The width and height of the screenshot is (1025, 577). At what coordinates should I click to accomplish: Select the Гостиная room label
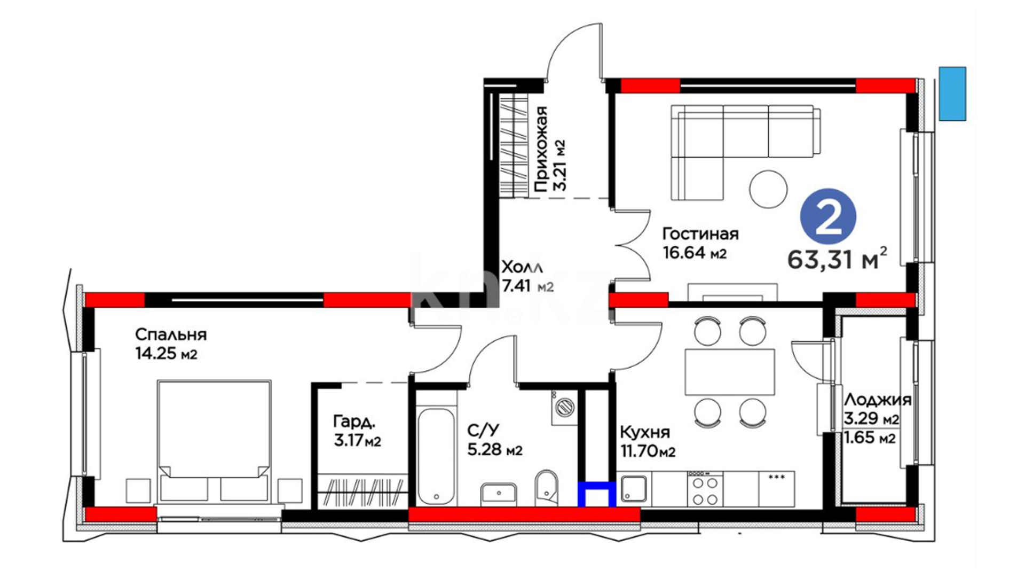(x=700, y=233)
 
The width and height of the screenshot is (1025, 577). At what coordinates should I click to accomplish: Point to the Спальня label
(x=171, y=334)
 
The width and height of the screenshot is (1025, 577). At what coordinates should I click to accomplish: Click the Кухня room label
(x=645, y=432)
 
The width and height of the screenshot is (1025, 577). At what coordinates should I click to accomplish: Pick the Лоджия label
(x=878, y=400)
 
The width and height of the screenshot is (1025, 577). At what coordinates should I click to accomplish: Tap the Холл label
(x=522, y=266)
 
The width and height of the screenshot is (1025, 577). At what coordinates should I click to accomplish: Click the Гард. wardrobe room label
(x=354, y=422)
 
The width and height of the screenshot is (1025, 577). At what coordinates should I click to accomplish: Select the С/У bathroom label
(x=483, y=430)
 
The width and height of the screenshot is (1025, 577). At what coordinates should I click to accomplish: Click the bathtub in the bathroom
(x=437, y=456)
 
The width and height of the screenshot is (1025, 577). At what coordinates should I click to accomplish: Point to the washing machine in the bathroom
(x=564, y=408)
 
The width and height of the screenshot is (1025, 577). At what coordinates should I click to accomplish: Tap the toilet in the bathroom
(x=546, y=487)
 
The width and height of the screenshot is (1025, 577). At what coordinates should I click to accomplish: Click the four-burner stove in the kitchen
(x=705, y=490)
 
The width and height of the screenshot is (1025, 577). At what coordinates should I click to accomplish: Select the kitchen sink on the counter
(x=634, y=489)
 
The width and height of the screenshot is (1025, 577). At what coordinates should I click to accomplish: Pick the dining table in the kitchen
(x=730, y=372)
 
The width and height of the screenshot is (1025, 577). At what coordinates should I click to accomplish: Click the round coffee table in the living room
(x=768, y=189)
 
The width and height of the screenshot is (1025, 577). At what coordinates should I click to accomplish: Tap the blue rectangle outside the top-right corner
(x=952, y=93)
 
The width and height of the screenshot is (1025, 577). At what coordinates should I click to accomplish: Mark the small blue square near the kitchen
(x=597, y=494)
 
